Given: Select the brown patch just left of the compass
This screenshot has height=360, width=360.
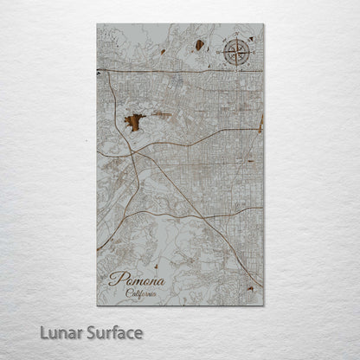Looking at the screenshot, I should (x=199, y=44).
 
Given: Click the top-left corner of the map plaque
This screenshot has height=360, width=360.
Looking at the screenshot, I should (x=97, y=24).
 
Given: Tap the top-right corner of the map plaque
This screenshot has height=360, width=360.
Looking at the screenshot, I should (x=264, y=24).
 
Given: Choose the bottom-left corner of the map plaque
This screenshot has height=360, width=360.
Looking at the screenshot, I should (x=97, y=305).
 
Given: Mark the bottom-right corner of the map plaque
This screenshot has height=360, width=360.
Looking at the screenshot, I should (x=264, y=305).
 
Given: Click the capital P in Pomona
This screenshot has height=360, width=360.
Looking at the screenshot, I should (x=114, y=278).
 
